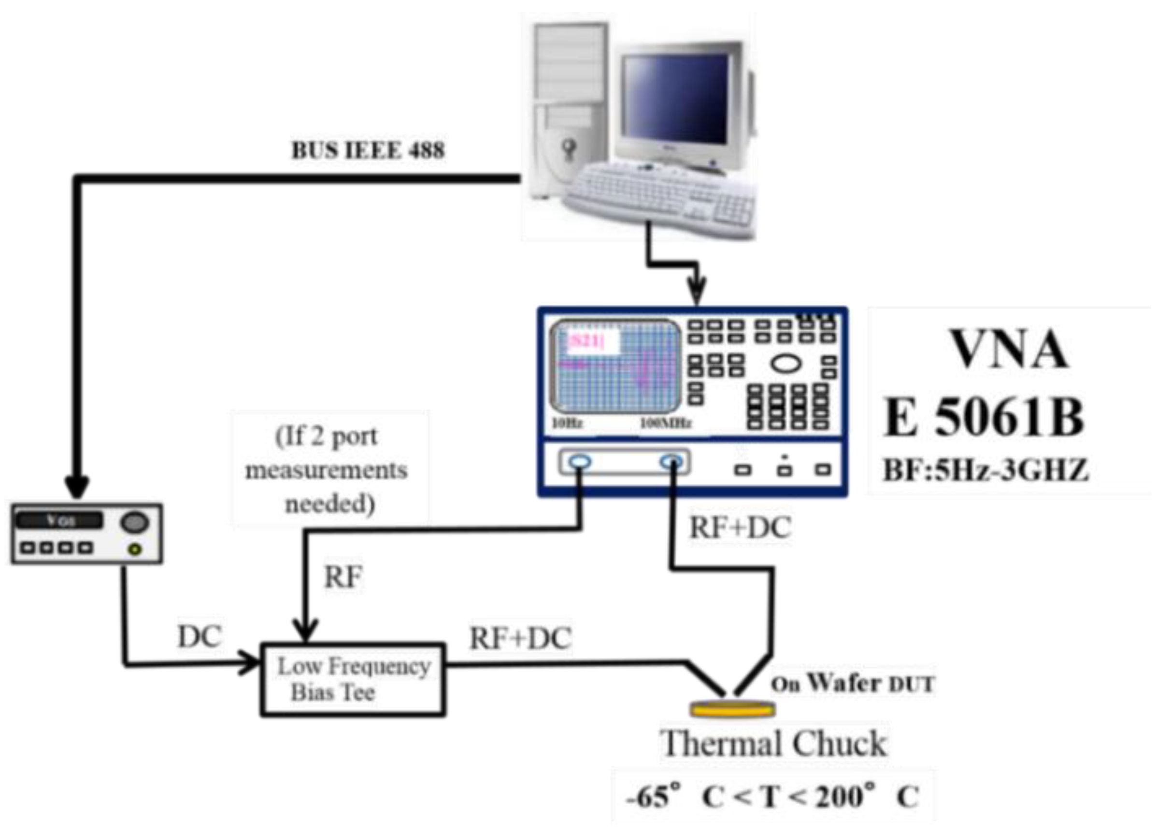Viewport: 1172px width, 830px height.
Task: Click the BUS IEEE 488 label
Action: (368, 150)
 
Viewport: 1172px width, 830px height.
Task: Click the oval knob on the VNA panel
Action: (786, 364)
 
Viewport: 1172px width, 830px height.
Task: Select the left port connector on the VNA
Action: (580, 462)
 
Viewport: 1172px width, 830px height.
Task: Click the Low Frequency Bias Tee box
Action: (353, 679)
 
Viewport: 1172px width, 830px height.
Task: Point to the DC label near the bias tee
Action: (200, 637)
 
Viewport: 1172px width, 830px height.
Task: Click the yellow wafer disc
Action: (732, 709)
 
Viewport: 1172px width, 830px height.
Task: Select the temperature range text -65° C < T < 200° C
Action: (772, 796)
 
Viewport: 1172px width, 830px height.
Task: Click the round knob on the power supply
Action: (134, 523)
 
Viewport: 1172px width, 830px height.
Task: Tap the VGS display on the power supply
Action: (59, 521)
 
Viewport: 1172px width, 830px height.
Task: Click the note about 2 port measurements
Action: (327, 469)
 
